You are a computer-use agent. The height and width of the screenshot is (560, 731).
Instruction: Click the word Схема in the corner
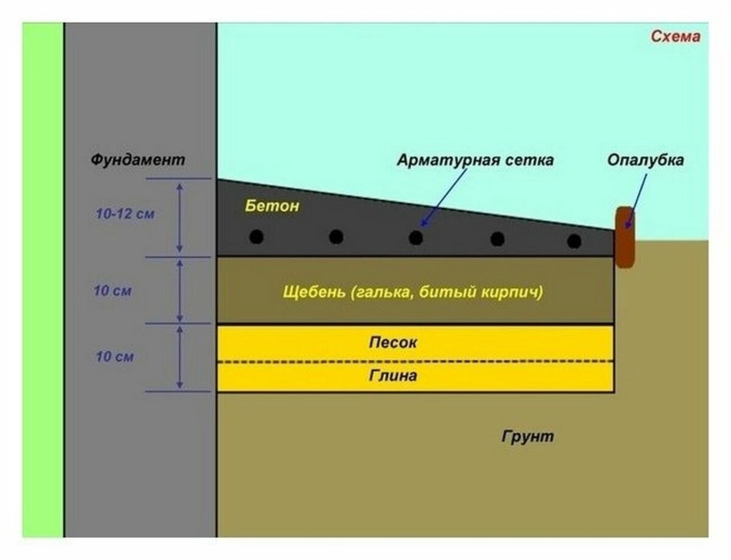point(676,37)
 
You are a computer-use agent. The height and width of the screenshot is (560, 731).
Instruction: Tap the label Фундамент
point(137,160)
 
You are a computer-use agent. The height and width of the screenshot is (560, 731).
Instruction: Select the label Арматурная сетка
point(475,160)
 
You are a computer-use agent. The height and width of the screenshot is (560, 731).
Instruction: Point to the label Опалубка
point(646,160)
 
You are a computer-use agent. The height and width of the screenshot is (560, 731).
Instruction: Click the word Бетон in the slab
point(272,206)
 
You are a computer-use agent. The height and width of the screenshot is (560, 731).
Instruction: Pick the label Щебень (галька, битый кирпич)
point(414,292)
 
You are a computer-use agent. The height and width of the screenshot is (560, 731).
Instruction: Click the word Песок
point(393,342)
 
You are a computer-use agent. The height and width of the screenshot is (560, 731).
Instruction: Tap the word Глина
point(393,375)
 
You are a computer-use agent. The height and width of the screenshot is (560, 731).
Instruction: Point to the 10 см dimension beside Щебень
point(112,290)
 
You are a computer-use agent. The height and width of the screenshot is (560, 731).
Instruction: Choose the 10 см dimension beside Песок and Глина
point(112,356)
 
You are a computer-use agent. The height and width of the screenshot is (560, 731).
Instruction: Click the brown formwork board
point(624,237)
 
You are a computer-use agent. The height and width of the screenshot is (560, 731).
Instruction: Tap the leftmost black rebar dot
point(256,237)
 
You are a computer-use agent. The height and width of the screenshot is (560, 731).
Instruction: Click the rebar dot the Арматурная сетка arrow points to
point(415,237)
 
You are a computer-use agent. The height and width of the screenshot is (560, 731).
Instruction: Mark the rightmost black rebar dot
point(574,240)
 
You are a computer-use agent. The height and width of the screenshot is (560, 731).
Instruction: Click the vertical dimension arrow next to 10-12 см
point(180,218)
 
